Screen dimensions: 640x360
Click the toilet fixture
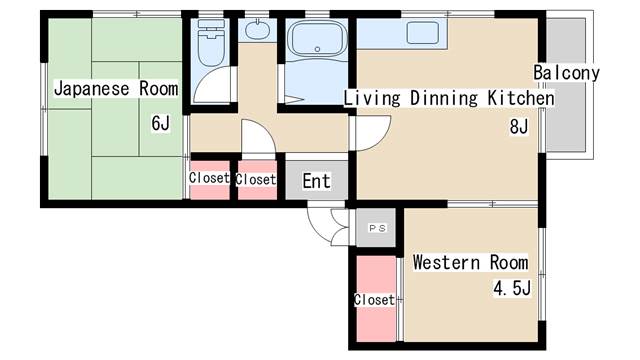211,42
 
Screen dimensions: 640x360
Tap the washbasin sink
257,30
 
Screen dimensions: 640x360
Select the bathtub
317,39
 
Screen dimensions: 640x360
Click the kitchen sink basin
422,33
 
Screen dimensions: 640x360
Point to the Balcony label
566,73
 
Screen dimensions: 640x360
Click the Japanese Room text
116,89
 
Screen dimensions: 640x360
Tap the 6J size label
160,123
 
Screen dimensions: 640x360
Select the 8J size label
519,127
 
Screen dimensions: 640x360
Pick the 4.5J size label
512,288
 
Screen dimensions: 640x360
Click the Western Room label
470,262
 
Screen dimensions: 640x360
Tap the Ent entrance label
316,181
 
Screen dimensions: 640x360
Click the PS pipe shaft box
376,228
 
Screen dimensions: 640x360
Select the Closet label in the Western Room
374,300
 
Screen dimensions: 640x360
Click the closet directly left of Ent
257,180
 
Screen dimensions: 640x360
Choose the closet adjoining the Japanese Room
209,180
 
